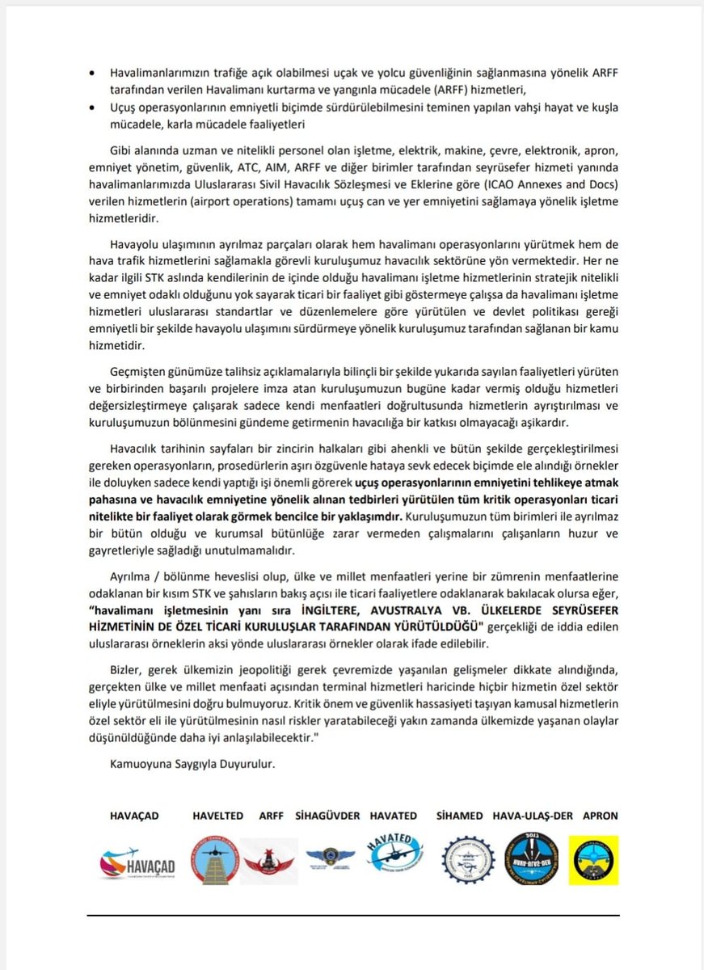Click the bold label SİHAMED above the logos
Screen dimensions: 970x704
tap(460, 816)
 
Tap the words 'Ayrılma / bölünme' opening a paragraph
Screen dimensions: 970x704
tap(160, 576)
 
